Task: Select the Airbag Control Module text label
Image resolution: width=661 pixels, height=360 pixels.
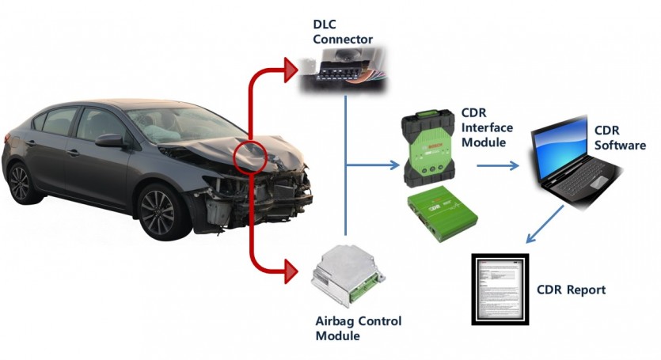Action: [x=358, y=328]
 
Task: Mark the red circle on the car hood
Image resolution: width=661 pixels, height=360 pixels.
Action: [x=249, y=156]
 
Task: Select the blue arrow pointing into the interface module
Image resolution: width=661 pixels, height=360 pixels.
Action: [x=392, y=165]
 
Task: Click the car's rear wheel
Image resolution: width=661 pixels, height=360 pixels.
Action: [x=17, y=183]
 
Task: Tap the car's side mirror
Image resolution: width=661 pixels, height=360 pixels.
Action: [x=109, y=141]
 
